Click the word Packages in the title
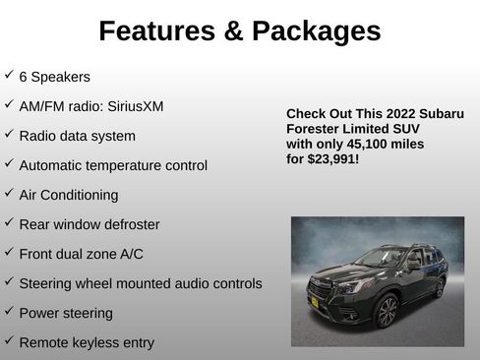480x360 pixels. point(314,31)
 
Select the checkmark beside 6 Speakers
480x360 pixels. point(9,75)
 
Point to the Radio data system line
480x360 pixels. point(77,136)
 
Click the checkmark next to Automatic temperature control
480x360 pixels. point(9,163)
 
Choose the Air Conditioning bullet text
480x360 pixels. point(69,195)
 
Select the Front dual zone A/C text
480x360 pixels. point(81,254)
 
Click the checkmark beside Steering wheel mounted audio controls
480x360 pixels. point(9,281)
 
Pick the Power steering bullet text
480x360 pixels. point(66,313)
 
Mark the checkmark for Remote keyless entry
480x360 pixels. point(9,340)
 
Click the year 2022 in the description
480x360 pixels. point(391,112)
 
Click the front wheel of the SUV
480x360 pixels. point(387,312)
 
